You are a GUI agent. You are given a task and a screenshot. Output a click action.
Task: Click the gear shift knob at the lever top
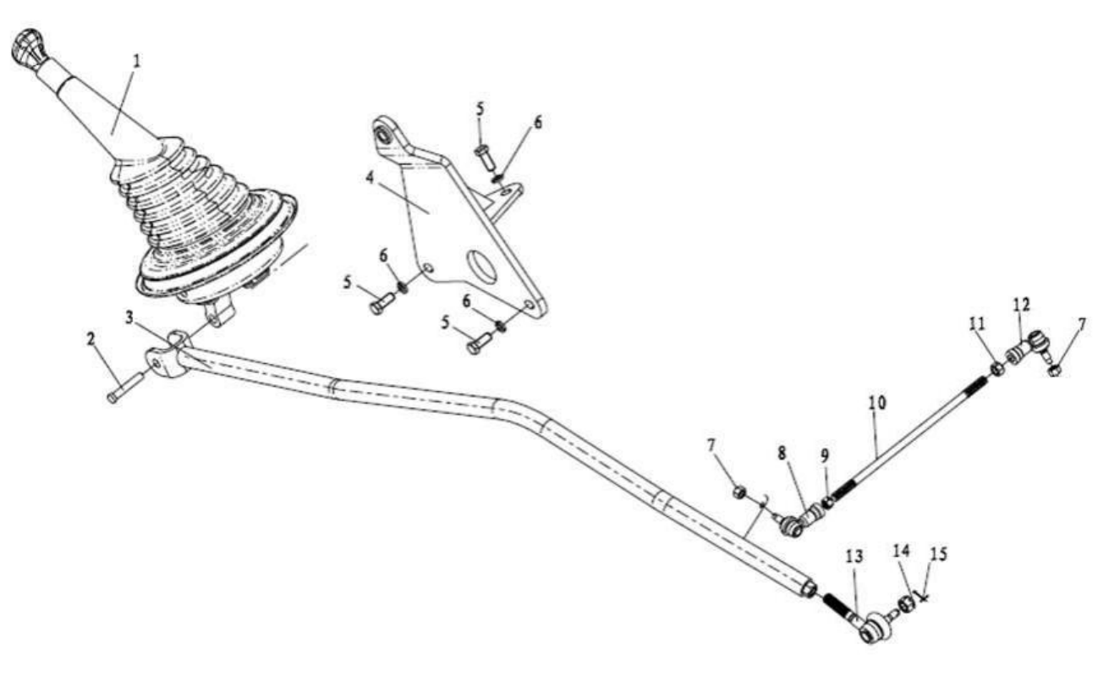click(x=29, y=49)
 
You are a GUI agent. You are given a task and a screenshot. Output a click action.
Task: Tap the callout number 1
click(x=137, y=62)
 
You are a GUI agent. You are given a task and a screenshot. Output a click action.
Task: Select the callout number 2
click(x=91, y=339)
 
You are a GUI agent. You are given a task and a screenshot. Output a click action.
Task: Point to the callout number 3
click(x=129, y=317)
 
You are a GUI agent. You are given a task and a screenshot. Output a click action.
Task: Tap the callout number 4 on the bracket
click(x=370, y=178)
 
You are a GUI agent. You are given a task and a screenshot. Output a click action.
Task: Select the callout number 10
click(x=877, y=403)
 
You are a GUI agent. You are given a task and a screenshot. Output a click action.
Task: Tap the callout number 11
click(x=976, y=323)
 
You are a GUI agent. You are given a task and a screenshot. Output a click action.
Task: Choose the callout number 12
click(x=1022, y=305)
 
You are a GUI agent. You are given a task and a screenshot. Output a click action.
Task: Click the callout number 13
click(x=854, y=556)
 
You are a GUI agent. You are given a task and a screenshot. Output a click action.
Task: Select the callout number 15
click(x=939, y=554)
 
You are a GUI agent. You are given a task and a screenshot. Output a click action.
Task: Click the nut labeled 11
click(x=996, y=369)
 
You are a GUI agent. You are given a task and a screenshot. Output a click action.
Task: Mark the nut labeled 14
click(x=906, y=604)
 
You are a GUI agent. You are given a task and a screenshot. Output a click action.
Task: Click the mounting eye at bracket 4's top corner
click(x=383, y=132)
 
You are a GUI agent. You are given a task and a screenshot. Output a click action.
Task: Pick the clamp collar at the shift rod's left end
click(x=167, y=356)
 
